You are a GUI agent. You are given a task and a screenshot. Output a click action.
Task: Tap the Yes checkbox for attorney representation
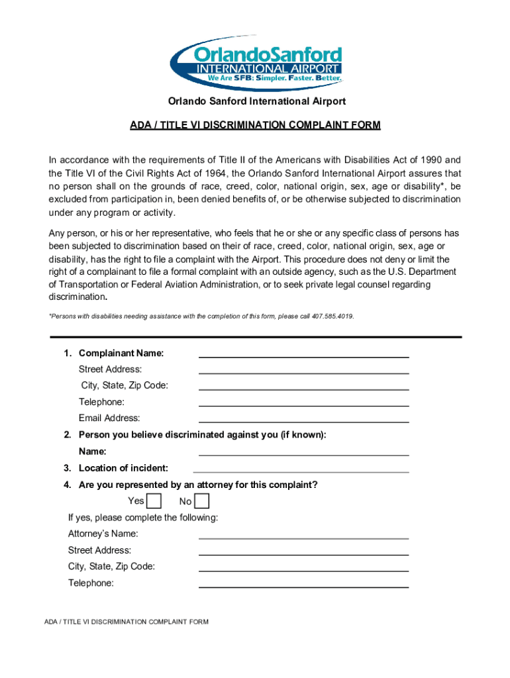[153, 501]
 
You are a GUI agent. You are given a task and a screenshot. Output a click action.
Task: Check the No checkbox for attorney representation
[202, 501]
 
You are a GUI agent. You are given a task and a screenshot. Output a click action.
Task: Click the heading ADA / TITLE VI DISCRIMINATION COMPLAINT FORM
[255, 125]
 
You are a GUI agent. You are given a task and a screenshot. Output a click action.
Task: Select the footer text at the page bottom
[127, 622]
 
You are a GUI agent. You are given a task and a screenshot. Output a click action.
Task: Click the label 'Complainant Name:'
[121, 353]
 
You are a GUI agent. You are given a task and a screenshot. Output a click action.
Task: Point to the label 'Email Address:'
[109, 418]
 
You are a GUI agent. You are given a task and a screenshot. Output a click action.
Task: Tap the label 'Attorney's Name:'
[103, 534]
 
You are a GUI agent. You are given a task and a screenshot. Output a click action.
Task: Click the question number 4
[67, 485]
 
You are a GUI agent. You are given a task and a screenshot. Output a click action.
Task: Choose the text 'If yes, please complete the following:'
[143, 517]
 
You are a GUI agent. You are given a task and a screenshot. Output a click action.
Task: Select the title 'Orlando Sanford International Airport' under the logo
[256, 101]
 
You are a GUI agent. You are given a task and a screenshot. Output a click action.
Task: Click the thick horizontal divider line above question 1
[255, 337]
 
